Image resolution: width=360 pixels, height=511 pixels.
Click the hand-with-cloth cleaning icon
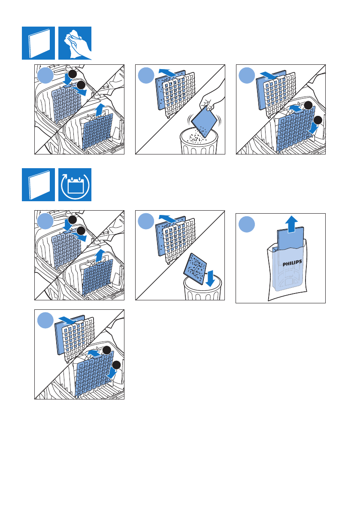(x=75, y=43)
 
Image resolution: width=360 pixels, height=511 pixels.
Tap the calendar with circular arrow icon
(x=75, y=185)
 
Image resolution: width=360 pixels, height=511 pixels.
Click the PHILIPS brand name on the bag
(x=292, y=263)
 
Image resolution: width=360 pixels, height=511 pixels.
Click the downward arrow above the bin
(x=210, y=278)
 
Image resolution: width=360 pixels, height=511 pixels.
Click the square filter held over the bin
(x=204, y=121)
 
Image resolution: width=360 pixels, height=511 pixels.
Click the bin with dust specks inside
(x=199, y=141)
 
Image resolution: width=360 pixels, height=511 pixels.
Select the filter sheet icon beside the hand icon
(x=39, y=43)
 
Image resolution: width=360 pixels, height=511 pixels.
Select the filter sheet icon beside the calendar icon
(x=39, y=185)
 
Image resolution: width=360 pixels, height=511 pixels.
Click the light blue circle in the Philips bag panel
(x=247, y=224)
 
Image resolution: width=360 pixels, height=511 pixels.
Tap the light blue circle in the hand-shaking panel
(x=146, y=76)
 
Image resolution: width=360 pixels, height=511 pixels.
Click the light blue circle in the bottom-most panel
(x=45, y=321)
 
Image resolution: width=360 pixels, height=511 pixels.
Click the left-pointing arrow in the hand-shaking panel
(x=168, y=73)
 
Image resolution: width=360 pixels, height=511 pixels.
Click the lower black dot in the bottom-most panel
(x=116, y=365)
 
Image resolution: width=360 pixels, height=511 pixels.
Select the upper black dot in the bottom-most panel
(x=107, y=351)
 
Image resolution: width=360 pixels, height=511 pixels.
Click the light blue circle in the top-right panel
(x=247, y=76)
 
